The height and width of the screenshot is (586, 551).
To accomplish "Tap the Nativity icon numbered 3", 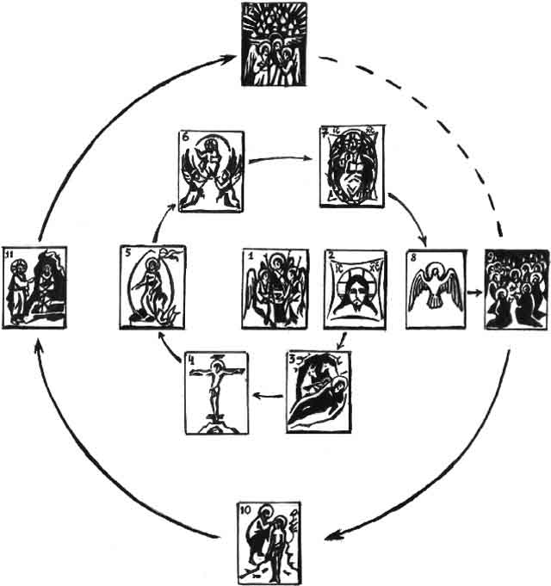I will pyautogui.click(x=319, y=390).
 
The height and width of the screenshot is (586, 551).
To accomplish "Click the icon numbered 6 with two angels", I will pyautogui.click(x=211, y=170).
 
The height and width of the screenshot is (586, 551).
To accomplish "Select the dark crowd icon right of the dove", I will pyautogui.click(x=515, y=289).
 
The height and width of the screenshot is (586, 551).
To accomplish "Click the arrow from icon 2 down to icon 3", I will pyautogui.click(x=343, y=340).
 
